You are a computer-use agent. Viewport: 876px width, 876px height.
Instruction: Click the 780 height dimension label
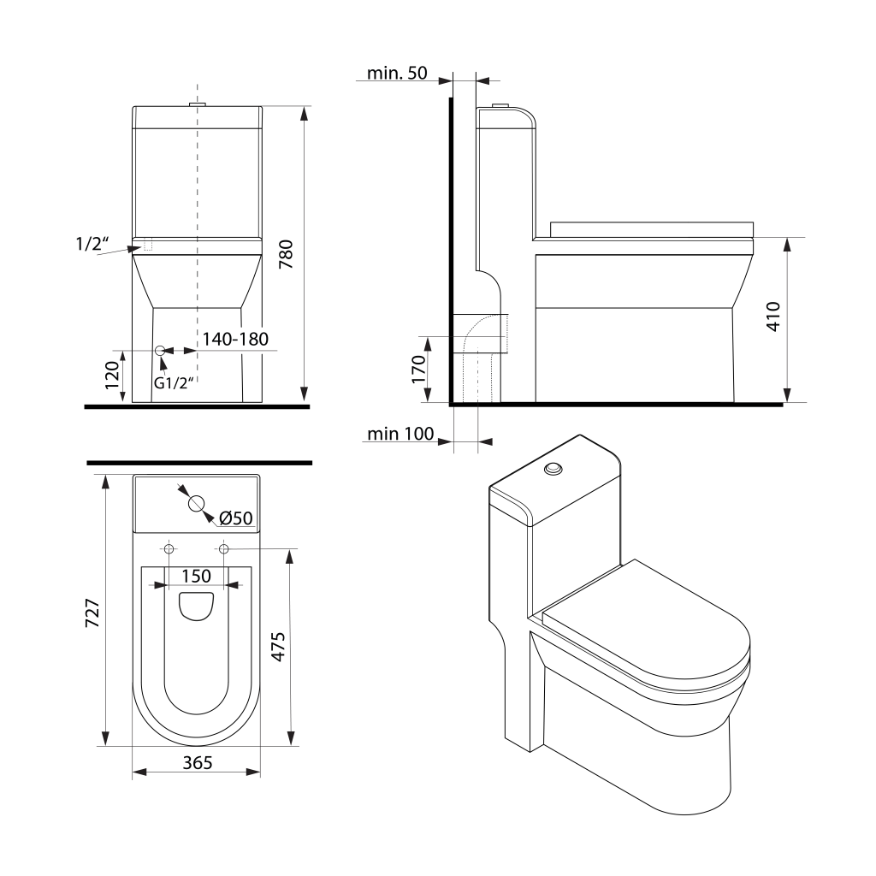287,255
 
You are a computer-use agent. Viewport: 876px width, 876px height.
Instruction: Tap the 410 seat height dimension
774,317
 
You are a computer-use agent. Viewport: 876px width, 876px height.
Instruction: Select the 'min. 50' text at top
396,73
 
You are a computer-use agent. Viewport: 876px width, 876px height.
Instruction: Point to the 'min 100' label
400,434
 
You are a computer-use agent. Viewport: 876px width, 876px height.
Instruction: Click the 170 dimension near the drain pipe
419,370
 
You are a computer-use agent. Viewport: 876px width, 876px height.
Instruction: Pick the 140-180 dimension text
235,339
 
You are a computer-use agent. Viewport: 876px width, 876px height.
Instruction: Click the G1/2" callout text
175,382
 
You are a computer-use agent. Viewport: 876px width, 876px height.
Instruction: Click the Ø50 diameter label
235,518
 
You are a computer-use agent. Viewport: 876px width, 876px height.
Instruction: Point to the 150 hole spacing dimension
196,576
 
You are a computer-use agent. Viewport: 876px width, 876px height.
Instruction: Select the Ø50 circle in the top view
196,503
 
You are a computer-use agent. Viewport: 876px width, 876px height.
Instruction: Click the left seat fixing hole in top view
169,548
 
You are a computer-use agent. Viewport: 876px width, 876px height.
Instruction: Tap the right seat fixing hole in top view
223,548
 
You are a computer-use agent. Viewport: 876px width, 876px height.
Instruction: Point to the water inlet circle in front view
159,351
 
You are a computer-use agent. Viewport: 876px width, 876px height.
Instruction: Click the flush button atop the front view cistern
198,104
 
